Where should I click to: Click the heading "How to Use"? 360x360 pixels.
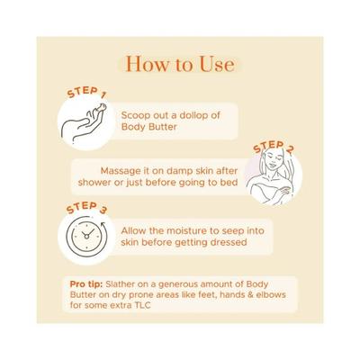click(180, 64)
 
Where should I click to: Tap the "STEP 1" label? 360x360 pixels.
click(86, 93)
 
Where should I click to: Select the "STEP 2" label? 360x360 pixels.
click(274, 147)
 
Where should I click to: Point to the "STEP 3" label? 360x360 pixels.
click(86, 208)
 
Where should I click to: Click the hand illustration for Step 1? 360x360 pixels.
click(83, 124)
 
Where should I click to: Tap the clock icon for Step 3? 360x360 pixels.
click(86, 237)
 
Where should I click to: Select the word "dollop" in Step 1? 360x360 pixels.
click(191, 115)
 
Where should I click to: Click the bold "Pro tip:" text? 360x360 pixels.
click(86, 283)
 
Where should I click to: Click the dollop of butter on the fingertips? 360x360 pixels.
click(102, 107)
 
